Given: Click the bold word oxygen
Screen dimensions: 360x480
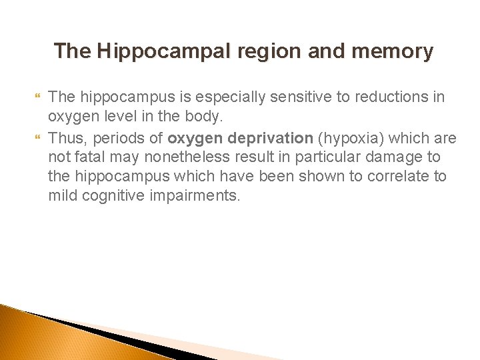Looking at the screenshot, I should pyautogui.click(x=193, y=138).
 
